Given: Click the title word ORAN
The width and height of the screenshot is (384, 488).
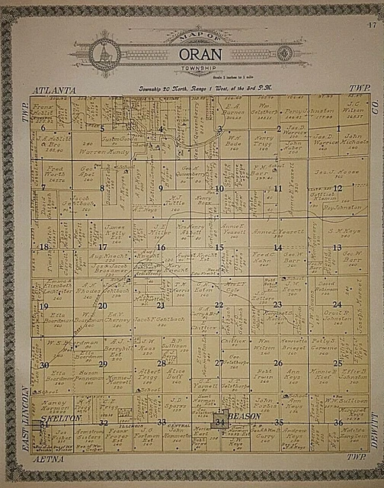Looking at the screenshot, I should point(191,55).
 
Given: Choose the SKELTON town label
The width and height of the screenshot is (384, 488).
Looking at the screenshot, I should point(56,419).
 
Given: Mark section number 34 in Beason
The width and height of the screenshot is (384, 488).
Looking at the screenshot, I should point(219,422).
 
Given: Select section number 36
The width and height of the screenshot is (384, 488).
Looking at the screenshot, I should point(338,422).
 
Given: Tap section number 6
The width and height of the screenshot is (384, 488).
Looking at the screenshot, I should point(43,128).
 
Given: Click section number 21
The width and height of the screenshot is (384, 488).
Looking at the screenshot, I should point(161,305).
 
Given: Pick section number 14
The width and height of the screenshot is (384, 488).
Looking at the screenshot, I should point(277,247).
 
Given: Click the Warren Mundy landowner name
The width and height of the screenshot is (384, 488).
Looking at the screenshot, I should point(102,152).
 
